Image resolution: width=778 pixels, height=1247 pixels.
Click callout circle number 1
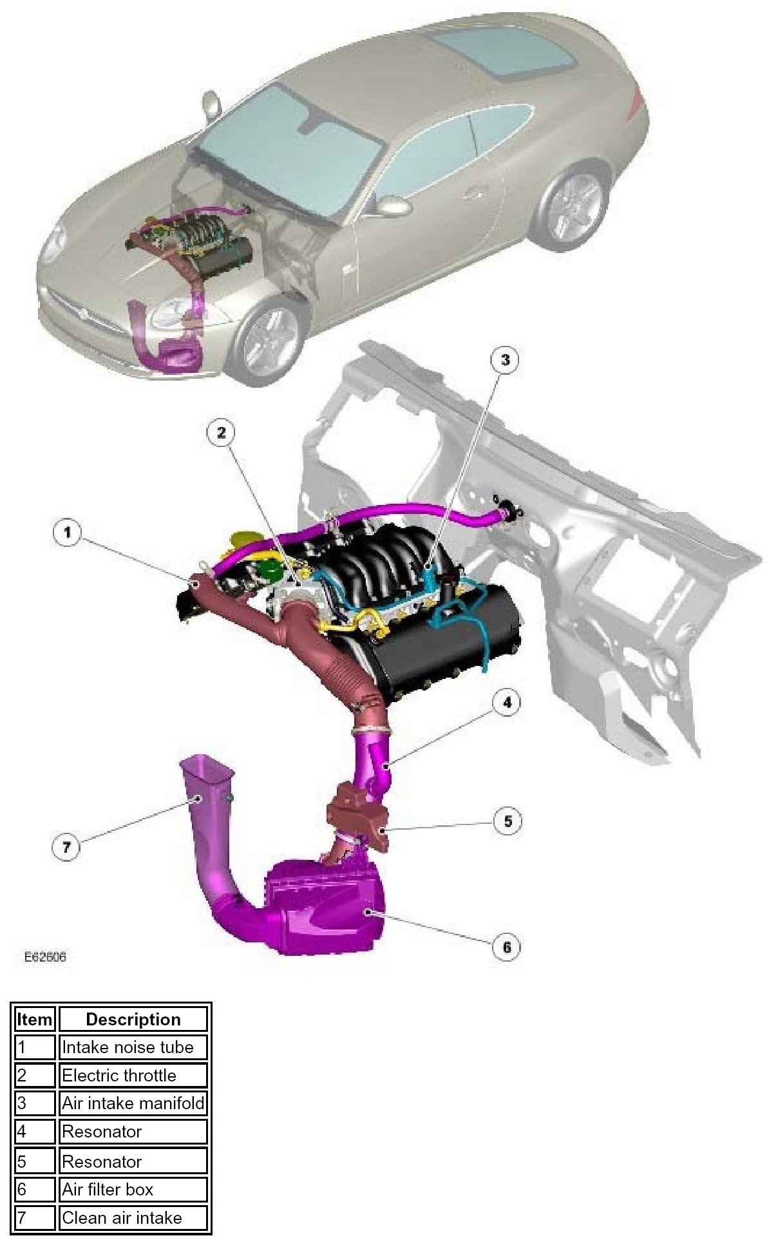point(68,533)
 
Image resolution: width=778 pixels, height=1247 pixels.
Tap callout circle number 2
point(221,432)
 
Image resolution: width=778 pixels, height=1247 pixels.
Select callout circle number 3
point(505,359)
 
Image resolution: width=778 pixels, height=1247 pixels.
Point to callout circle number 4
point(507,702)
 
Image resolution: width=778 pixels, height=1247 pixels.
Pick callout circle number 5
point(508,821)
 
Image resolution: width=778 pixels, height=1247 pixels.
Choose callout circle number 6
point(506,947)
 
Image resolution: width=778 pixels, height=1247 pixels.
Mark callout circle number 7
point(66,847)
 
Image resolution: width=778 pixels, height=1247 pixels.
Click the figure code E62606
point(45,957)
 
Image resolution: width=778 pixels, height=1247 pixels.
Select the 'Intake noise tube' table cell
point(133,1047)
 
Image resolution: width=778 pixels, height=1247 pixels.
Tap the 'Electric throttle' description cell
point(133,1076)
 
